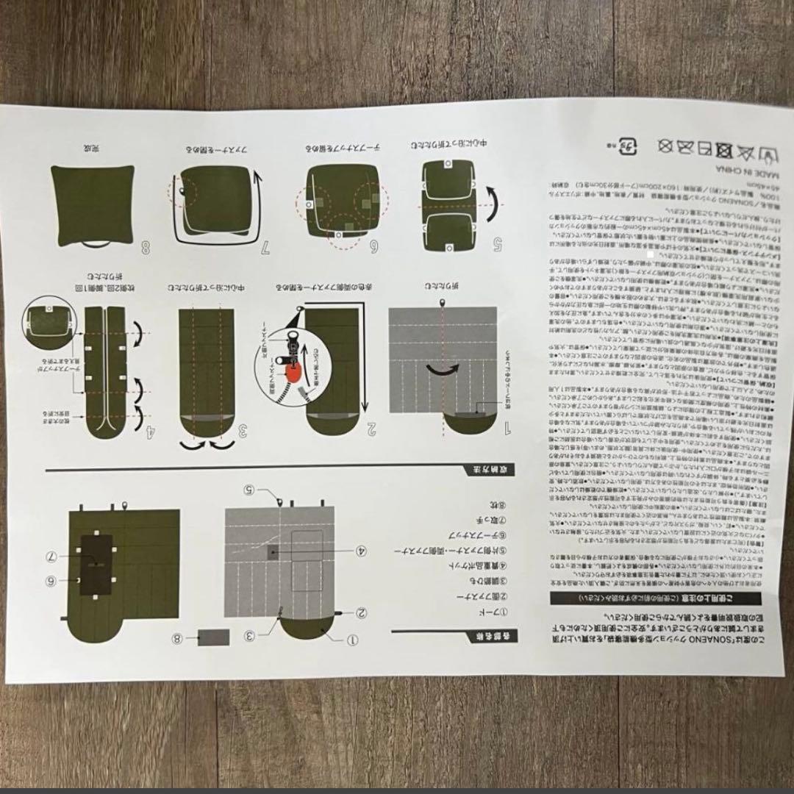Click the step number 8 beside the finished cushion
point(145,248)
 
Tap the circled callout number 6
point(52,580)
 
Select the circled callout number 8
point(177,637)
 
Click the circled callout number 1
point(352,639)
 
